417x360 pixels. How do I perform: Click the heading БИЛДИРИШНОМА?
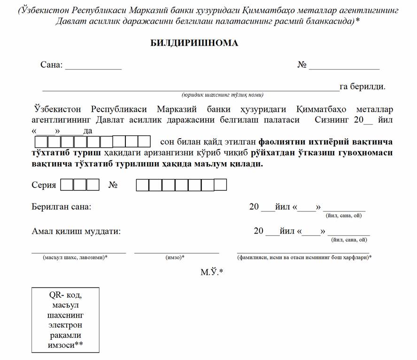[x=194, y=43]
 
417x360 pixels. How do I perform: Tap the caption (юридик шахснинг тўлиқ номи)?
[x=223, y=94]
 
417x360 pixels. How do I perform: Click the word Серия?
[x=44, y=185]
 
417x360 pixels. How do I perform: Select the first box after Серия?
[x=67, y=185]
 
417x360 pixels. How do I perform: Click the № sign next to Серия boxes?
[x=113, y=185]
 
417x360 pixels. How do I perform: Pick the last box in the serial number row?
[x=220, y=185]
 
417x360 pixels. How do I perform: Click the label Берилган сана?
[x=62, y=207]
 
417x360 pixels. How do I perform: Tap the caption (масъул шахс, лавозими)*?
[x=75, y=258]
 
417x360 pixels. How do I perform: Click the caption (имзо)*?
[x=175, y=258]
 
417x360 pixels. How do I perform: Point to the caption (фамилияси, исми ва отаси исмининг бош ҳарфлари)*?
[x=304, y=258]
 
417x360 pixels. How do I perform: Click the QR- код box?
[x=65, y=320]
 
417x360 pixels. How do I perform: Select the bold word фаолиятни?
[x=281, y=141]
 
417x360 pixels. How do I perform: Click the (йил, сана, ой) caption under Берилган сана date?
[x=343, y=216]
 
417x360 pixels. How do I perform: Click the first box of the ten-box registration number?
[x=41, y=141]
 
